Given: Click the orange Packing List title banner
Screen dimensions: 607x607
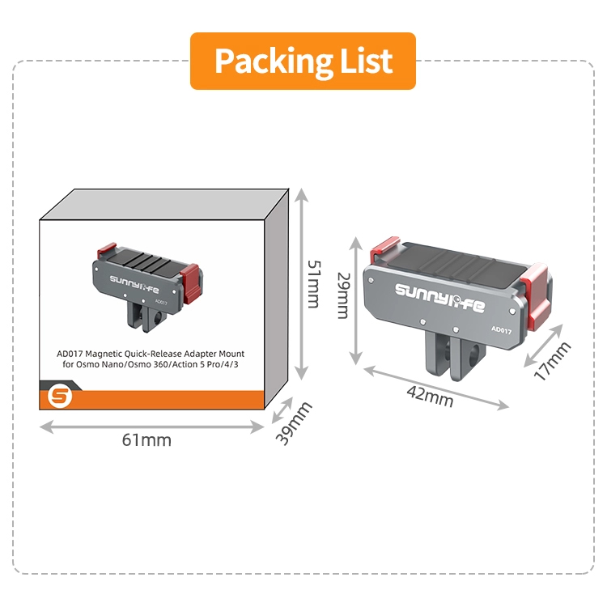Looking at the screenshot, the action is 303,62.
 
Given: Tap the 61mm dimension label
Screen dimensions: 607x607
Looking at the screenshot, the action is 146,440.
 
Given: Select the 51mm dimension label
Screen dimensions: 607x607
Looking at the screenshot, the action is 313,284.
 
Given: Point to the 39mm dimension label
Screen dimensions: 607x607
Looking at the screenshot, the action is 294,423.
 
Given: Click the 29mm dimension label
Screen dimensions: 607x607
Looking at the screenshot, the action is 343,295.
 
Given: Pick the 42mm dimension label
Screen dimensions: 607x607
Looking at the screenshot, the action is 430,397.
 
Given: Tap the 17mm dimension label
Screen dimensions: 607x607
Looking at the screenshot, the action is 552,361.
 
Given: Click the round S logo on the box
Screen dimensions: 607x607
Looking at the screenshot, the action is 60,397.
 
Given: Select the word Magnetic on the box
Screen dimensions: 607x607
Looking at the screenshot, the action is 101,354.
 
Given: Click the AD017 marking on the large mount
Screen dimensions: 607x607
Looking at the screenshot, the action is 501,330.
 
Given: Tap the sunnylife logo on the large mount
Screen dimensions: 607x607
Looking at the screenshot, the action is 439,297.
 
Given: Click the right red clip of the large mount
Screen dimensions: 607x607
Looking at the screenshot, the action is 536,295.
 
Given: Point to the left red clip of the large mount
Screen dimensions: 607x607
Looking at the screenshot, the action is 384,249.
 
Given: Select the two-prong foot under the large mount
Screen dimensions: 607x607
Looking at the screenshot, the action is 455,356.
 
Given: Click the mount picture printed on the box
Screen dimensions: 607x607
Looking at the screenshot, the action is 147,287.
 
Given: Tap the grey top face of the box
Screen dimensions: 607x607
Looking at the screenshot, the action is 164,205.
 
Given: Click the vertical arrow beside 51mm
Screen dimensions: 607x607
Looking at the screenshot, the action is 301,285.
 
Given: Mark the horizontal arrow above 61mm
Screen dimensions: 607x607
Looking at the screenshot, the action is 152,427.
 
